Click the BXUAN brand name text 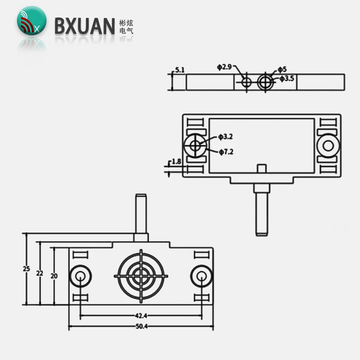[85, 26]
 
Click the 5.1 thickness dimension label [180, 70]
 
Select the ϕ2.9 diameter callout [224, 67]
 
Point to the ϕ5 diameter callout [282, 69]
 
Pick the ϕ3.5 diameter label [287, 79]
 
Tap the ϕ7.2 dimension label [226, 152]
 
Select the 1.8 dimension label [176, 161]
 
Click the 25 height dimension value [27, 269]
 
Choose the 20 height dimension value [54, 276]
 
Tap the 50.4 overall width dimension [141, 325]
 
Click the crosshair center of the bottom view [141, 274]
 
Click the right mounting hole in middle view [328, 145]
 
